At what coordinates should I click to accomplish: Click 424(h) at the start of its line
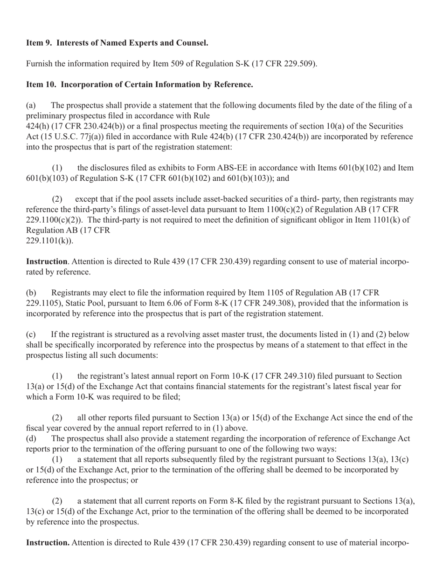click(36, 126)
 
